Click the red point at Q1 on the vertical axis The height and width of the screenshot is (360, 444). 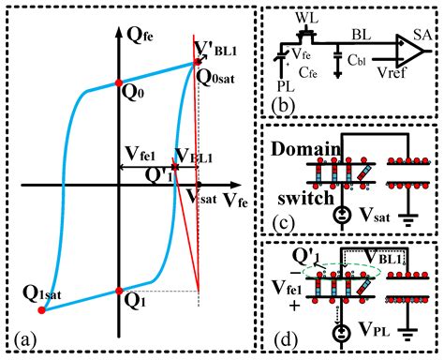119,291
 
